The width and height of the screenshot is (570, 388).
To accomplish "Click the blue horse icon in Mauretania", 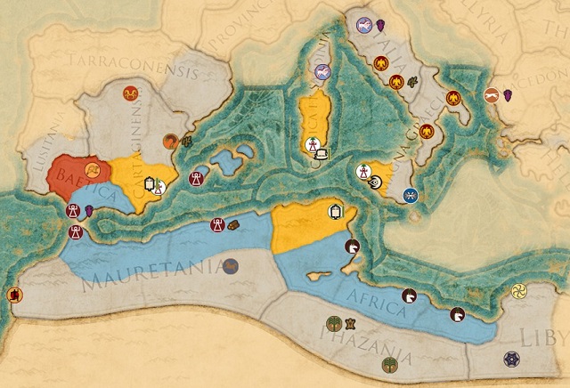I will point(231,265).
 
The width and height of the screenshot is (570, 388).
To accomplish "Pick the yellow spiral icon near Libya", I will point(518,291).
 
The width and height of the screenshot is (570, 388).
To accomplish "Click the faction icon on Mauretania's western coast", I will point(14,295).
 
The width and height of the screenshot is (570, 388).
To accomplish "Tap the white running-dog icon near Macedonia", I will point(492,95).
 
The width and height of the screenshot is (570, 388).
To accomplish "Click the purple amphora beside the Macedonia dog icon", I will point(509,94).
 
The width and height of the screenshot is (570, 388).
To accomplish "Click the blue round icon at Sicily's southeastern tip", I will point(410,196).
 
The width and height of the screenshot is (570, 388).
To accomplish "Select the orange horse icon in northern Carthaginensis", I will point(131,92).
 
